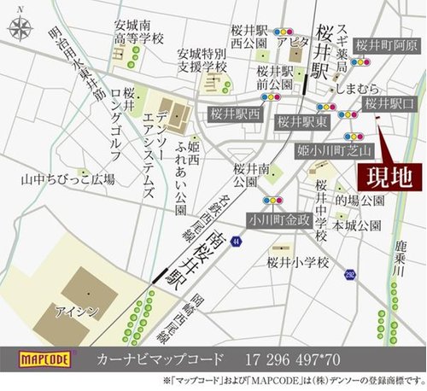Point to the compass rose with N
pyautogui.click(x=20, y=28)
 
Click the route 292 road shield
pyautogui.click(x=351, y=273)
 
